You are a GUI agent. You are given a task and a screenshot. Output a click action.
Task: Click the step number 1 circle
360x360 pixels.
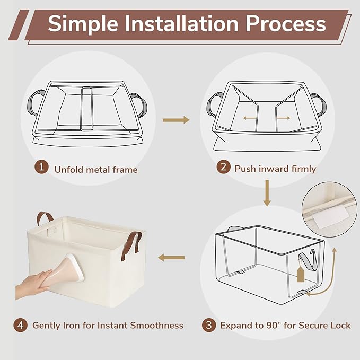coord(41,168)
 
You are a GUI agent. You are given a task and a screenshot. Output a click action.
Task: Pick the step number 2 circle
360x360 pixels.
coord(224,168)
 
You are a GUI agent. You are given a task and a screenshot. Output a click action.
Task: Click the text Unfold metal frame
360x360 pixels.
coord(95,170)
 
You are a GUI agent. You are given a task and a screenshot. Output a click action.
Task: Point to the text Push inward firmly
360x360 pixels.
coord(275,169)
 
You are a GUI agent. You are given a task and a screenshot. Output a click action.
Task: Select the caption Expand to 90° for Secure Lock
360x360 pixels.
coord(285,325)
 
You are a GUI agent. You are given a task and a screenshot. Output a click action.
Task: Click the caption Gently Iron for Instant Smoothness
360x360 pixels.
coord(108,325)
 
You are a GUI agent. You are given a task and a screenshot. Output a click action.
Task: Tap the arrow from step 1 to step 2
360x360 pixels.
coord(175,120)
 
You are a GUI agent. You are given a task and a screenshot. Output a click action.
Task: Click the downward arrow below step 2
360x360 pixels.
coord(267,194)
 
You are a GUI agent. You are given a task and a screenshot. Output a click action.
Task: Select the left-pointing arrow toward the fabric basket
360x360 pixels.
coord(172,258)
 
